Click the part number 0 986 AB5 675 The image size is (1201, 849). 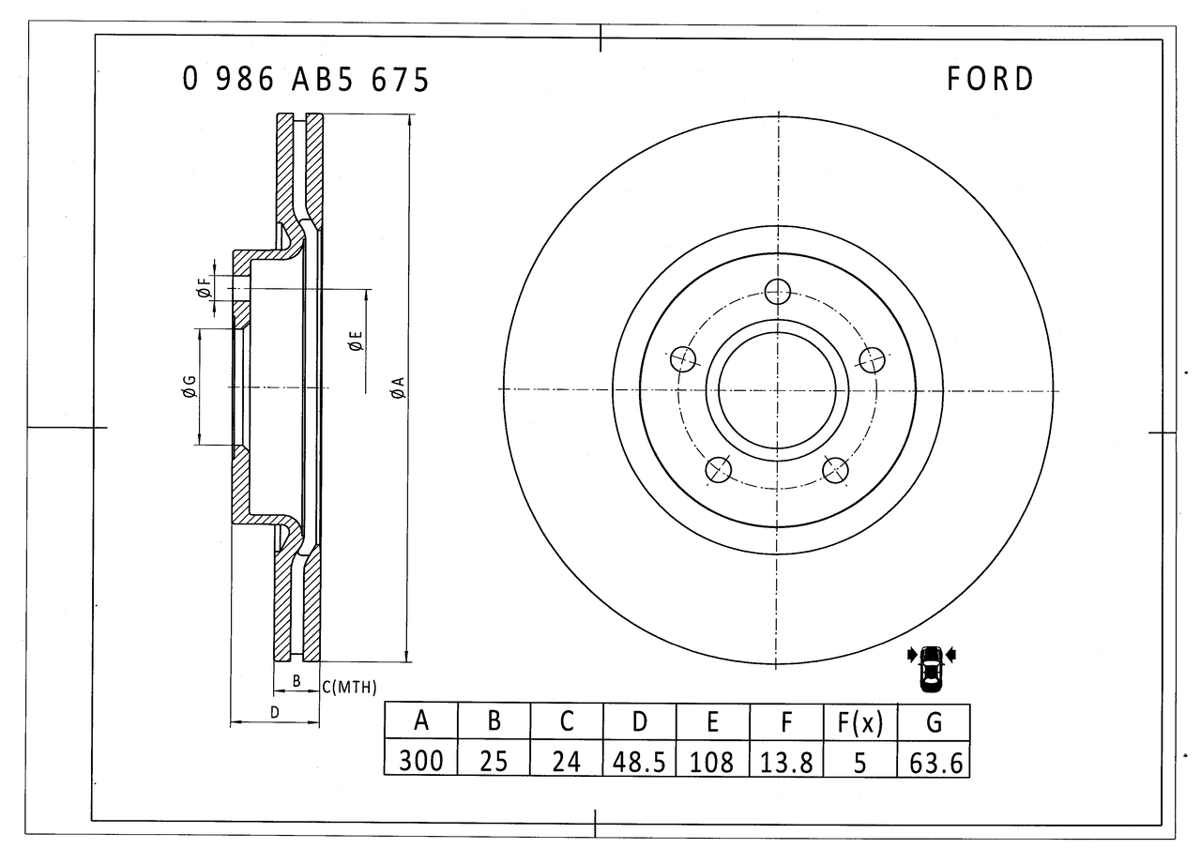[x=306, y=80]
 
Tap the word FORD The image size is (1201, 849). [x=990, y=79]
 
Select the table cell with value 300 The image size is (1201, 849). [x=421, y=760]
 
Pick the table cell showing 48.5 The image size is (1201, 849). [x=639, y=760]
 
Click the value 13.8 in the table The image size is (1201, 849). [x=786, y=760]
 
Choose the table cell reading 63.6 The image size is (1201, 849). [x=935, y=760]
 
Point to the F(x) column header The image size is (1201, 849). [x=860, y=721]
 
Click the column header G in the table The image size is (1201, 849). [x=935, y=721]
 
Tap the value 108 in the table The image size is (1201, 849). [x=712, y=760]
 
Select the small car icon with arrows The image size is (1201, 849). [x=931, y=667]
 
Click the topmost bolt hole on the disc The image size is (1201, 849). [x=777, y=292]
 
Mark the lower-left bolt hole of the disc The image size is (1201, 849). [x=719, y=469]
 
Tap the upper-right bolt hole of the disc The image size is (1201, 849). [x=873, y=359]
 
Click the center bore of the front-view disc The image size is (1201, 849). [x=777, y=389]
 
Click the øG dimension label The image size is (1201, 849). [x=189, y=386]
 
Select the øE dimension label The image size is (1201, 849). [x=355, y=341]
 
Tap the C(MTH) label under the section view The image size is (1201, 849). [x=350, y=688]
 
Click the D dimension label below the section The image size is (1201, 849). [x=274, y=712]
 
